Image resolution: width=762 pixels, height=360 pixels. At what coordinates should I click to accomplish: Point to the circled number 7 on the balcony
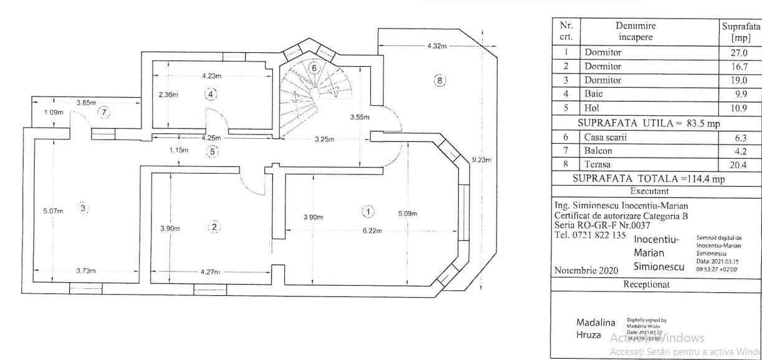click(x=105, y=112)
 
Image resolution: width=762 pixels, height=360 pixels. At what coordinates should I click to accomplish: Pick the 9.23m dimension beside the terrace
click(x=482, y=160)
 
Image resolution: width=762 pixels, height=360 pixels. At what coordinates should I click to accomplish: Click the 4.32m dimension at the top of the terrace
click(x=439, y=47)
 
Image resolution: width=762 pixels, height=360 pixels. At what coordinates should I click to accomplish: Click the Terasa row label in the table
click(x=598, y=164)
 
